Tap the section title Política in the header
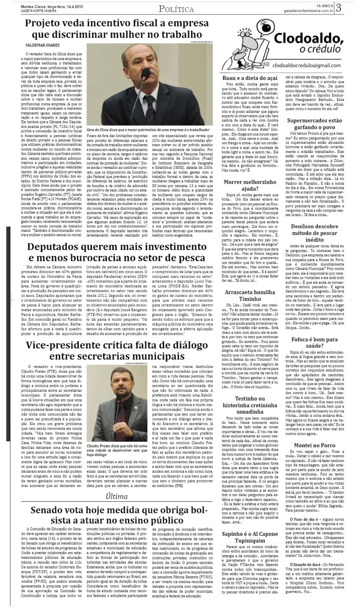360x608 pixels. pos(176,9)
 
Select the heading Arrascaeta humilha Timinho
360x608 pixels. pos(250,295)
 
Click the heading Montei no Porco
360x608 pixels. pos(310,445)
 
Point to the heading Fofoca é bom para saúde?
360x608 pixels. pos(310,343)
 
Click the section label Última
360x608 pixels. pos(116,497)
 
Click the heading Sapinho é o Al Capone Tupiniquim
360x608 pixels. pos(250,537)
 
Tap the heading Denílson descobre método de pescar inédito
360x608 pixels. pos(310,233)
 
